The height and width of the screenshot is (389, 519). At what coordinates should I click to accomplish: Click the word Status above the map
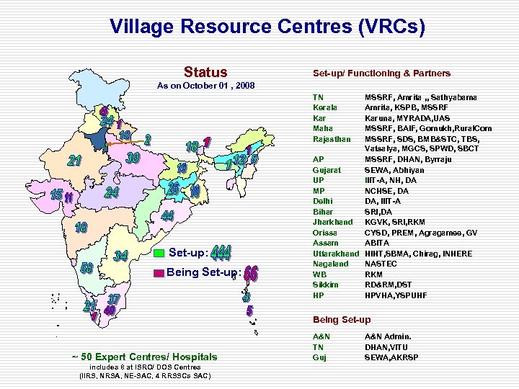[205, 72]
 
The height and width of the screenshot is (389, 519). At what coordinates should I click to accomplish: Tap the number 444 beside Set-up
[221, 252]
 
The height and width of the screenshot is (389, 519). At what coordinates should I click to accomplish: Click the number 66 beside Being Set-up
[251, 273]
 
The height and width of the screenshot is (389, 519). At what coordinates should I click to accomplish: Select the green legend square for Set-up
[159, 253]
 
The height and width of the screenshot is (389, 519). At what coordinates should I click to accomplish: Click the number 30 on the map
[132, 158]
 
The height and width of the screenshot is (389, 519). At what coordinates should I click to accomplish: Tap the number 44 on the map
[167, 215]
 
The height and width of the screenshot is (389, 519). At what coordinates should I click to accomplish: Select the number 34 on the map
[122, 255]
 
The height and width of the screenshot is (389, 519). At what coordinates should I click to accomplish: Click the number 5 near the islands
[249, 311]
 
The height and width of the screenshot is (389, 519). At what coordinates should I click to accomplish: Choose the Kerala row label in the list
[325, 107]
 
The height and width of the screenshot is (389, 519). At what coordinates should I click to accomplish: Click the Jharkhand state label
[332, 223]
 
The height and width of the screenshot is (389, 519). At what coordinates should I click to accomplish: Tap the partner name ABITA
[376, 243]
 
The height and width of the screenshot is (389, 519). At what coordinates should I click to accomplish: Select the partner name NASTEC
[381, 264]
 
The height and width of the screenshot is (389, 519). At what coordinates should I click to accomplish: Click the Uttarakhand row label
[335, 254]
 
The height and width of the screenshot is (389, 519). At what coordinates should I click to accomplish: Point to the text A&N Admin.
[388, 336]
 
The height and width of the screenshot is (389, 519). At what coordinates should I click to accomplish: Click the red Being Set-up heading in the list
[342, 320]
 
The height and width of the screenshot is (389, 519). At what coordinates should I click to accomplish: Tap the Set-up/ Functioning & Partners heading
[381, 73]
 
